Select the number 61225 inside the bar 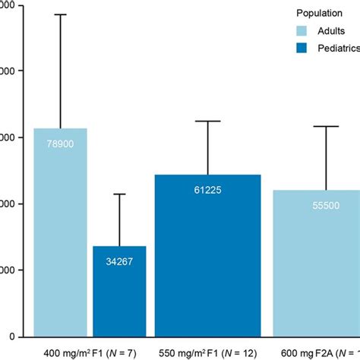pyautogui.click(x=208, y=190)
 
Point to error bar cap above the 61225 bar pyautogui.click(x=208, y=121)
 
